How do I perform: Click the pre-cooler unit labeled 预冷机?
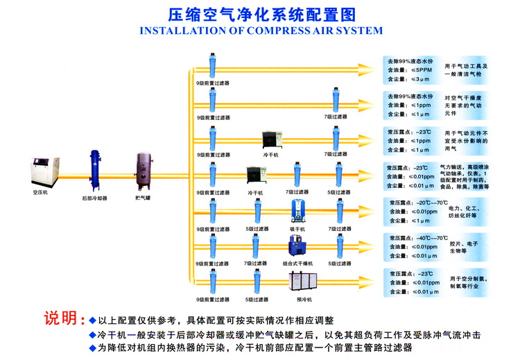(x=300, y=282)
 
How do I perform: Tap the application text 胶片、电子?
(x=464, y=243)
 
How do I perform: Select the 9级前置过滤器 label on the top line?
(x=212, y=83)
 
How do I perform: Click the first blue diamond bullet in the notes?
(x=92, y=320)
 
